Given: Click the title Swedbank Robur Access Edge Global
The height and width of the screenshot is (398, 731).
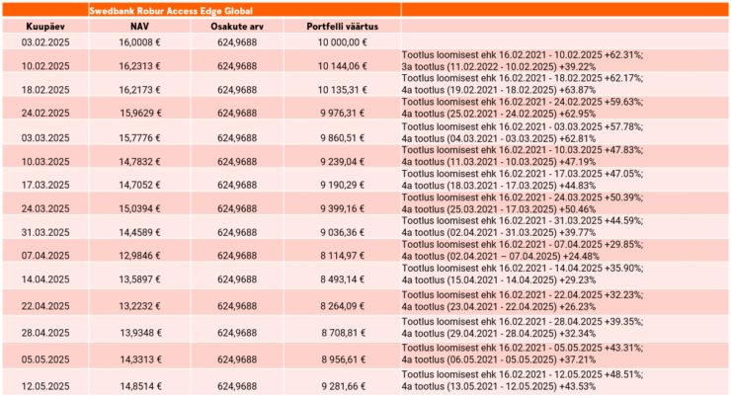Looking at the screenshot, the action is [171, 11].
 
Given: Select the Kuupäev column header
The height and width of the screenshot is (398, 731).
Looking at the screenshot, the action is [45, 27].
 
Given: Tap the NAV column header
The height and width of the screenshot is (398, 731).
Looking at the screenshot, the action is [139, 27].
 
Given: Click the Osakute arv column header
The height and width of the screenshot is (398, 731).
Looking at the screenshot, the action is [237, 27].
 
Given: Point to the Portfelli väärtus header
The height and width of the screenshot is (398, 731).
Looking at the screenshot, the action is [342, 27].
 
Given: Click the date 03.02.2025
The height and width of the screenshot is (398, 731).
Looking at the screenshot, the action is [45, 42].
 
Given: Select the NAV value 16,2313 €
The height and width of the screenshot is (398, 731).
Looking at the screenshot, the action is [139, 66].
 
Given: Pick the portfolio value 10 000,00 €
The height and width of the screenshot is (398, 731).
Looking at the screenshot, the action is [342, 42].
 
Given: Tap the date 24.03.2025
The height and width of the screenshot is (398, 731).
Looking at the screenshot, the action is [45, 208].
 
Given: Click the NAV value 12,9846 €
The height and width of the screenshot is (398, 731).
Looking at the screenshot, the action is [139, 256].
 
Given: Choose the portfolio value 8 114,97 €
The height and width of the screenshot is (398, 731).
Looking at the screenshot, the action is [342, 256].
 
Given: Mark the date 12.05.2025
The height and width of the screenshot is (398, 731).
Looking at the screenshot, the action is [45, 386].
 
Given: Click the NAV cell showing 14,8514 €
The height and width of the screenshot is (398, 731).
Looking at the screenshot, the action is [140, 386].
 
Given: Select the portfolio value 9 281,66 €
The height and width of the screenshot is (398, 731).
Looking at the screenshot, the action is [343, 386].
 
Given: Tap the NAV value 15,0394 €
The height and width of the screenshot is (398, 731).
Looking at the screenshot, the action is [139, 208].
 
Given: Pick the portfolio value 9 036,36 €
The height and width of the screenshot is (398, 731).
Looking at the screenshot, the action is [342, 232].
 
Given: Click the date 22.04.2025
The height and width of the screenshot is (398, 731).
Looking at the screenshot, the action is [45, 306].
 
